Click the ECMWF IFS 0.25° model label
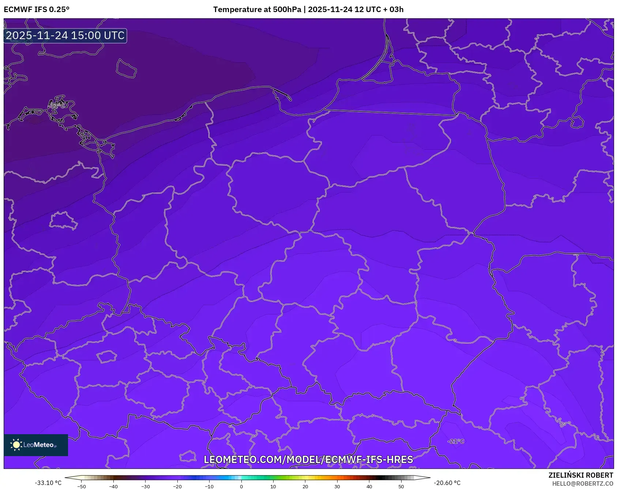37,10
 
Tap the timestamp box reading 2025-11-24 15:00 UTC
65,35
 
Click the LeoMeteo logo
36,445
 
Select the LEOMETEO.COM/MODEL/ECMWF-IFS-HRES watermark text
308,459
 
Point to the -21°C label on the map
456,441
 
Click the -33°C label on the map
57,106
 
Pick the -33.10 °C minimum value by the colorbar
48,483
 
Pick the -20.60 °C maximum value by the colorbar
447,483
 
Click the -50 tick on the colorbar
82,486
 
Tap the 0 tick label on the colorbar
241,486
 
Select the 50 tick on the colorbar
401,486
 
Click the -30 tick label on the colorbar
146,486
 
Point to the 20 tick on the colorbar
305,486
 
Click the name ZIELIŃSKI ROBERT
580,475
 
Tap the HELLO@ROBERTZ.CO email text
582,484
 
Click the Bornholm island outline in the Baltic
126,69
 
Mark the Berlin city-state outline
63,220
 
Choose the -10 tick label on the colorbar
209,486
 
